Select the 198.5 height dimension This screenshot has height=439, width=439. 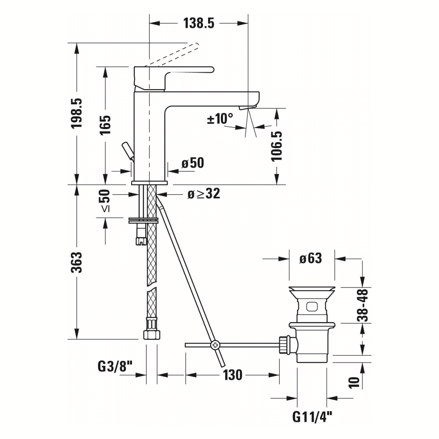(x=76, y=113)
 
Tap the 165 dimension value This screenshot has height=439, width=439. (x=105, y=125)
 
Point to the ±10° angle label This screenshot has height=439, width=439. (x=219, y=119)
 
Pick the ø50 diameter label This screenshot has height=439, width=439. (x=192, y=163)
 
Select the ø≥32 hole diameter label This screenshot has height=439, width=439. (x=203, y=194)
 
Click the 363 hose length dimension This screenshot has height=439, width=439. (x=76, y=262)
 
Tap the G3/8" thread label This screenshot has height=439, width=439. (x=115, y=367)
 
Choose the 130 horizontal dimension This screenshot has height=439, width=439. (x=233, y=375)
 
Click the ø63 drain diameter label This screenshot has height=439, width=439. (x=310, y=258)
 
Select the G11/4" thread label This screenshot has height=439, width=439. (x=312, y=417)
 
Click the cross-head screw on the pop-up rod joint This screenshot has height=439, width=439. (x=215, y=345)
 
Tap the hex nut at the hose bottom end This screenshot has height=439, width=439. (x=151, y=334)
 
